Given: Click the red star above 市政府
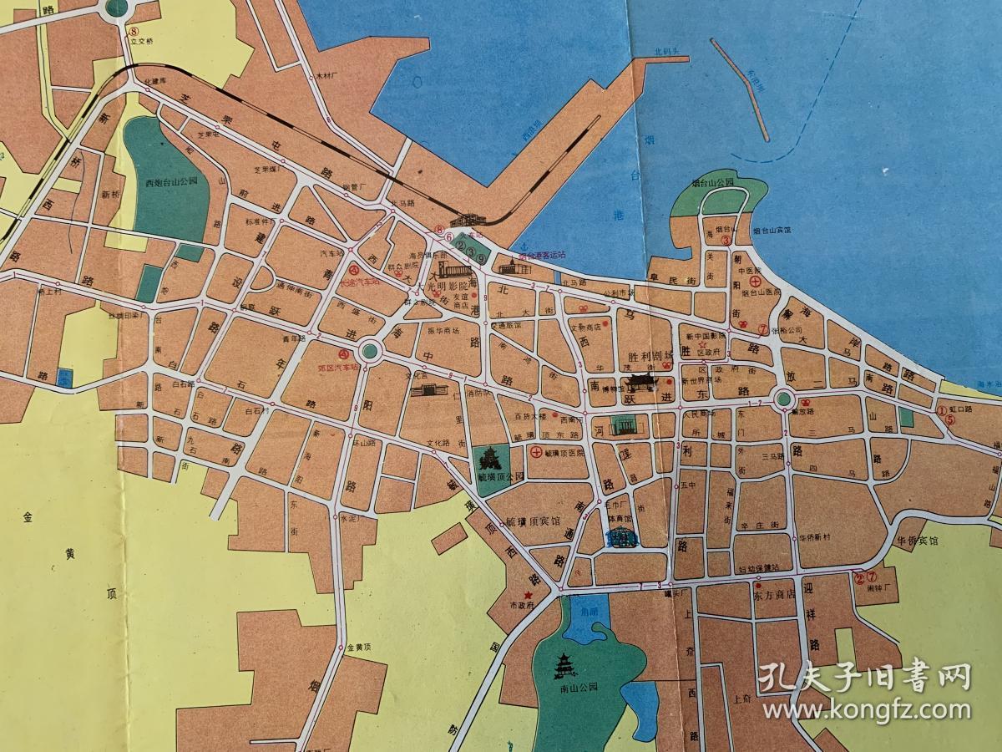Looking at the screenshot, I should tap(528, 594).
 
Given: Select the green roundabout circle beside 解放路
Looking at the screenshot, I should tap(783, 399).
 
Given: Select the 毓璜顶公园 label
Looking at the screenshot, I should tap(500, 476).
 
